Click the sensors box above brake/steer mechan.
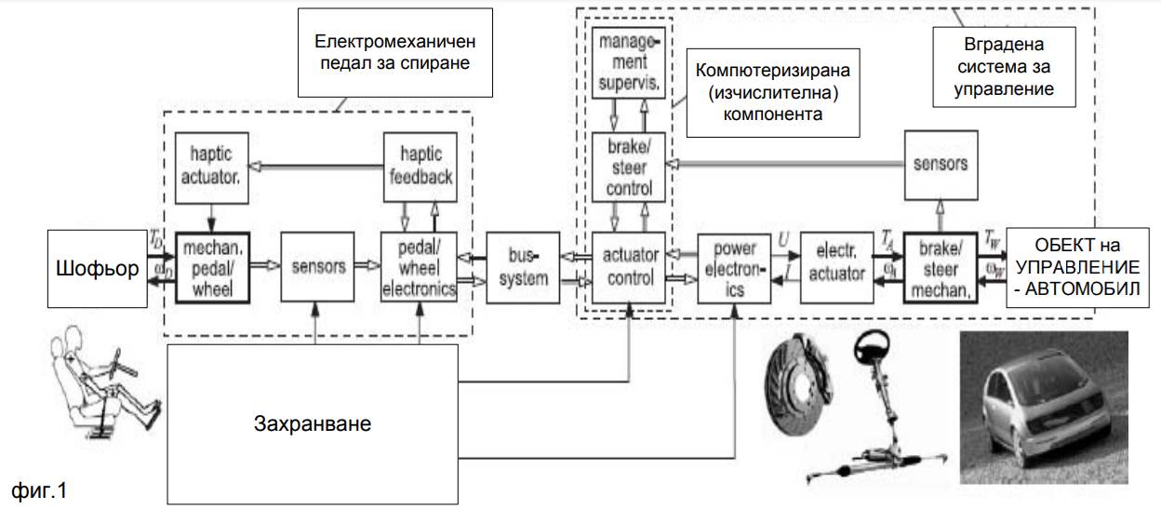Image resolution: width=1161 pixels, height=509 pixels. pyautogui.click(x=941, y=164)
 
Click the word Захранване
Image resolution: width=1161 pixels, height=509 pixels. pyautogui.click(x=313, y=424)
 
